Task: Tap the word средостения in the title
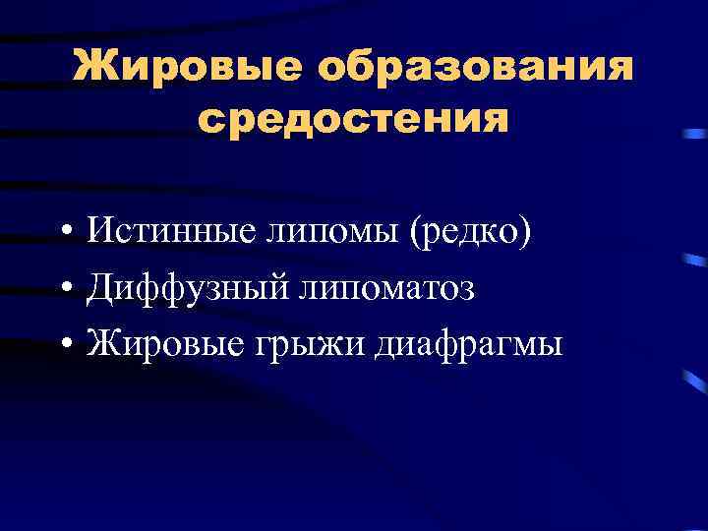pyautogui.click(x=354, y=120)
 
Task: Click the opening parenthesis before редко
pyautogui.click(x=417, y=234)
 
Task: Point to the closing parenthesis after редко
pyautogui.click(x=525, y=234)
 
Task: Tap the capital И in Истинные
pyautogui.click(x=100, y=232)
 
